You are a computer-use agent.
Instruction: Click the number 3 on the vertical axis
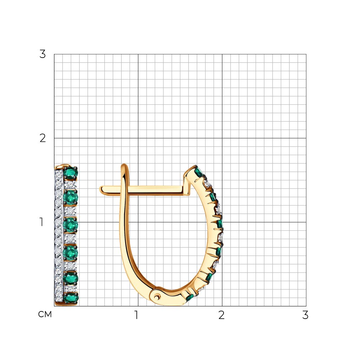42,54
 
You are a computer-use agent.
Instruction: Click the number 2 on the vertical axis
42,138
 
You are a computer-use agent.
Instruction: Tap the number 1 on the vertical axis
41,222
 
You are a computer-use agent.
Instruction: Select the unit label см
45,314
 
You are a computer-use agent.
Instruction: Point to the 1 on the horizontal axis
136,315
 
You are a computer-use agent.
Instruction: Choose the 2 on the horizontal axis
221,315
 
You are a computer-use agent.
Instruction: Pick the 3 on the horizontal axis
305,315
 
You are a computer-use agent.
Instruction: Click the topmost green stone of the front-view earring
71,174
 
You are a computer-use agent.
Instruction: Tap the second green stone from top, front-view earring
71,197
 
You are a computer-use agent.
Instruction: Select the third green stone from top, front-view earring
71,225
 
